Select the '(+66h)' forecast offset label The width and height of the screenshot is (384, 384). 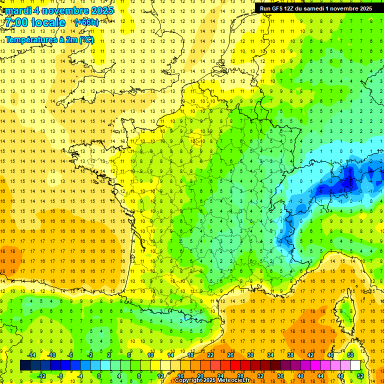point(86,22)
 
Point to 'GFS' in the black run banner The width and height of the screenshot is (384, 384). point(277,8)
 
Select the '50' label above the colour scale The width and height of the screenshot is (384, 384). point(350,355)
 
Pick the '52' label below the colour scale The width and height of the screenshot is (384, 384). point(360,375)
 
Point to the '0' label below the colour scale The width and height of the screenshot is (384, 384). point(99,375)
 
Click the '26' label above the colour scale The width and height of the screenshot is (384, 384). point(230,355)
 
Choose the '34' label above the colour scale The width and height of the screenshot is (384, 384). point(270,355)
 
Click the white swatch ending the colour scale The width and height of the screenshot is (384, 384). point(355,365)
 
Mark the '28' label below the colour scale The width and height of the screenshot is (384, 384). point(240,375)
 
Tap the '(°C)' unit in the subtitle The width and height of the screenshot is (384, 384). point(86,40)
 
